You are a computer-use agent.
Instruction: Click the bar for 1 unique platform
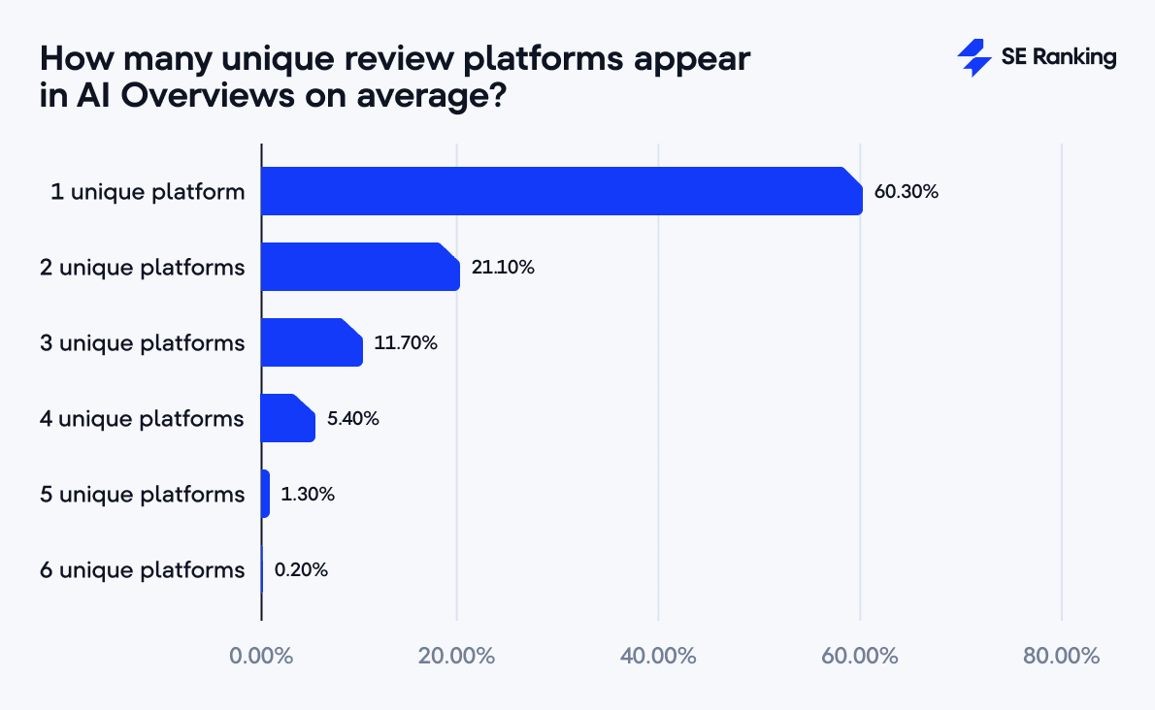click(561, 191)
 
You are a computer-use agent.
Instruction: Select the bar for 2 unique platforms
click(360, 267)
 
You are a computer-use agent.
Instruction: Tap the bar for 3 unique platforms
click(312, 342)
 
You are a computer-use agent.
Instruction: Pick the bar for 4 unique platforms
click(288, 418)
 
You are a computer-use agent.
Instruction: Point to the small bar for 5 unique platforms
click(265, 494)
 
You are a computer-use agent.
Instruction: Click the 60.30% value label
click(906, 192)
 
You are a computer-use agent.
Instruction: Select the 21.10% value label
click(503, 268)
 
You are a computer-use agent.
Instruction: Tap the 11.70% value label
click(406, 343)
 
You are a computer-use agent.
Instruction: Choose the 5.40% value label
click(352, 419)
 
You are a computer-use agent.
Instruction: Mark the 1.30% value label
click(308, 495)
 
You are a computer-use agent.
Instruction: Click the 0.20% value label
click(301, 570)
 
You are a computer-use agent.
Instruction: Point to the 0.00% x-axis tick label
click(261, 656)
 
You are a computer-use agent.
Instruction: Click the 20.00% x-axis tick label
click(457, 656)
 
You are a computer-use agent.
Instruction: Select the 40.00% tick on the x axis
click(658, 656)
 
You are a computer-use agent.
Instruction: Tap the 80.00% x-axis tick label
click(1061, 656)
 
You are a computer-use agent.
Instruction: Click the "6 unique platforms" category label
click(142, 570)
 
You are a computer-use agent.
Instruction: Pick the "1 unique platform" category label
click(148, 192)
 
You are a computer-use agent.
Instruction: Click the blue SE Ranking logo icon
click(973, 58)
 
